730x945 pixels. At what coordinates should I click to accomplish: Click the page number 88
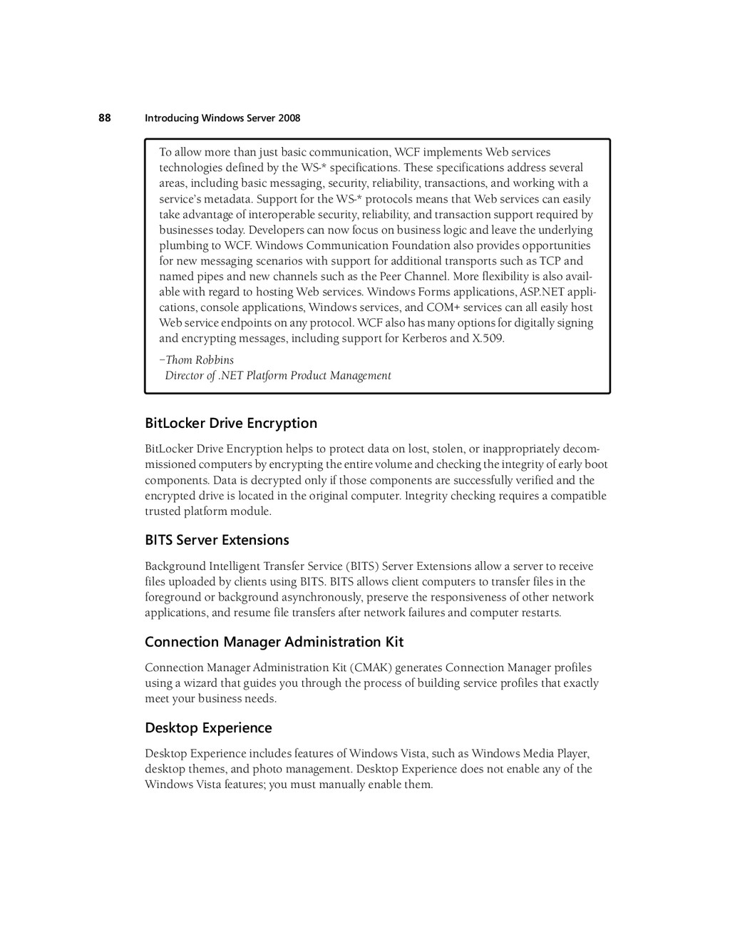pyautogui.click(x=104, y=118)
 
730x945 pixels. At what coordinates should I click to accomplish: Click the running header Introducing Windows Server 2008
pyautogui.click(x=222, y=118)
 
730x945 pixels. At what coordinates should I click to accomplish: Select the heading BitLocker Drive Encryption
pyautogui.click(x=231, y=423)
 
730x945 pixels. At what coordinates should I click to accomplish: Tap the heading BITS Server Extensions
pyautogui.click(x=217, y=540)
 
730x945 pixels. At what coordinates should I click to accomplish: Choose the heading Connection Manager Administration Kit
pyautogui.click(x=274, y=642)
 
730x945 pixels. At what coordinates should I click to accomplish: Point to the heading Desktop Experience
pyautogui.click(x=208, y=727)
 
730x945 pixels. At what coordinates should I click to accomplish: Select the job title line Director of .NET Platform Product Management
pyautogui.click(x=278, y=376)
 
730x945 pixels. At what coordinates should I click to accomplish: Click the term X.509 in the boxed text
pyautogui.click(x=488, y=339)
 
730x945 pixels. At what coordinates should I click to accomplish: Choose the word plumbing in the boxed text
pyautogui.click(x=182, y=246)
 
